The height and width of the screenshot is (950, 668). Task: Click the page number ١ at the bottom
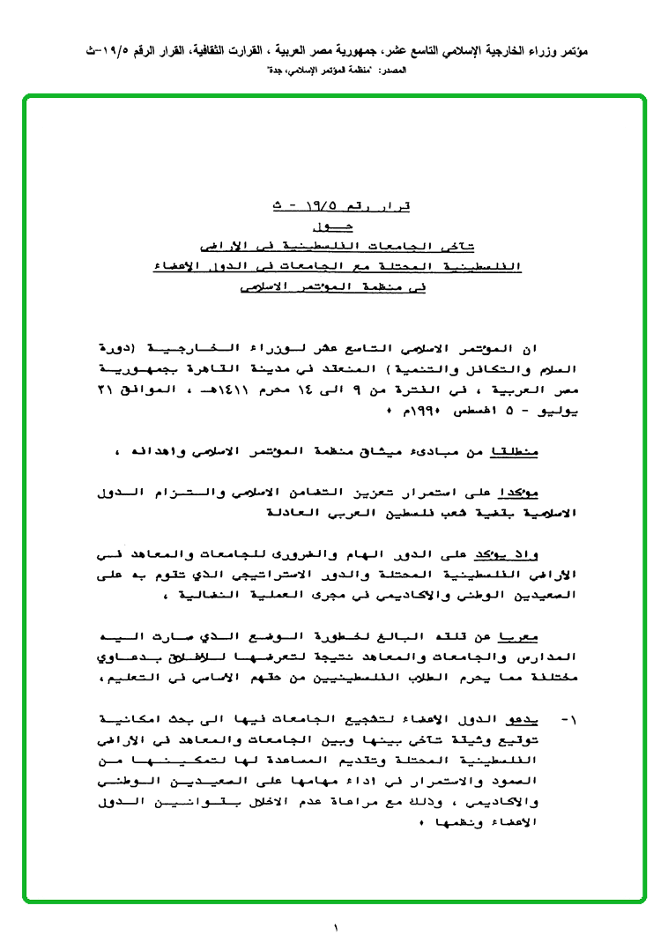(x=336, y=927)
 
